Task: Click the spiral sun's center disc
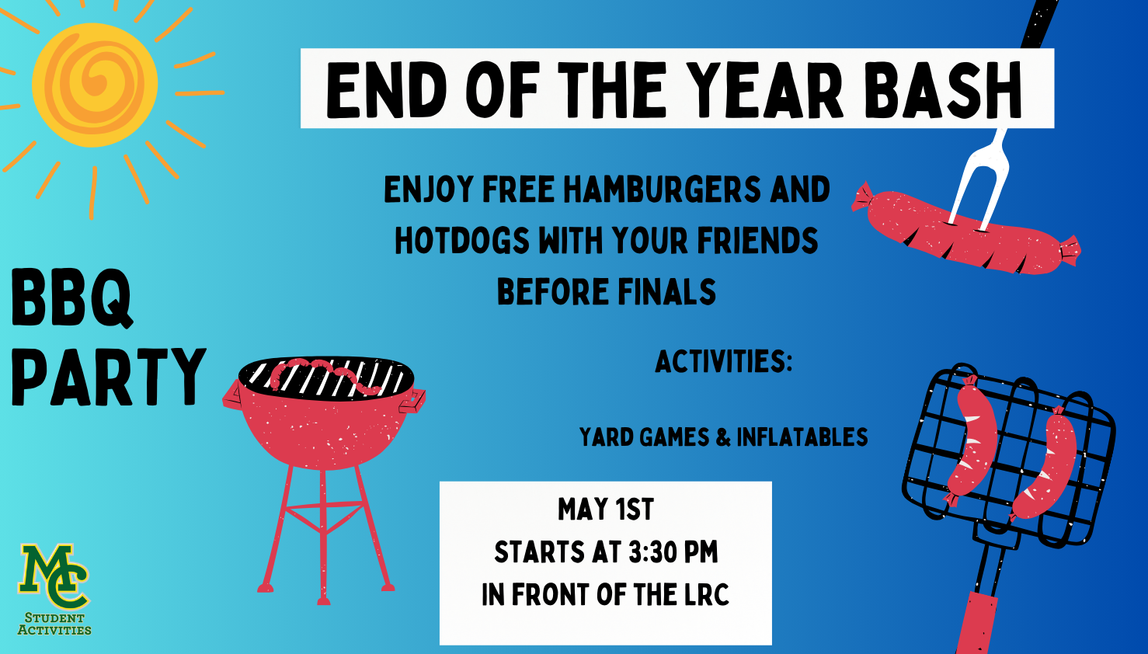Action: pos(95,85)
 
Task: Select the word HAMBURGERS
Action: pos(662,189)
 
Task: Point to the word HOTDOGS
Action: pos(462,240)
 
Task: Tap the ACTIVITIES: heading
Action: pos(724,361)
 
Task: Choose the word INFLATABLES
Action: pos(802,437)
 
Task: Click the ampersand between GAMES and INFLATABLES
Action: pos(723,437)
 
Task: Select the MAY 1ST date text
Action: pos(606,510)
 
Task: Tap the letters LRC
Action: pos(707,595)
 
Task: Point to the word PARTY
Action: pos(109,377)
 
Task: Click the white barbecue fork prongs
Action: pos(978,179)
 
